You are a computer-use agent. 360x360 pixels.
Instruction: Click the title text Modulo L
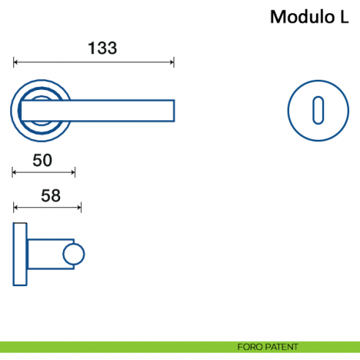tap(309, 17)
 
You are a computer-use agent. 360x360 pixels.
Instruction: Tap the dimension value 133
tap(102, 48)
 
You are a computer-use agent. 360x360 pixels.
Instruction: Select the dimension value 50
tap(42, 160)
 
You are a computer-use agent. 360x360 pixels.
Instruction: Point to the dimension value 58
tap(50, 195)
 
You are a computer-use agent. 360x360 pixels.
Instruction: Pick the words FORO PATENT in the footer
tap(268, 347)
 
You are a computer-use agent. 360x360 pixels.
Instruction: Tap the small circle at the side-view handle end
tap(74, 255)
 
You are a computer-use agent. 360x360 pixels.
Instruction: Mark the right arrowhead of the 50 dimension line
tap(73, 173)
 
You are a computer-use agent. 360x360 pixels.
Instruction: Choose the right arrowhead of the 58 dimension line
tap(79, 209)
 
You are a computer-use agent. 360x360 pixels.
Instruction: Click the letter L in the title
tap(344, 17)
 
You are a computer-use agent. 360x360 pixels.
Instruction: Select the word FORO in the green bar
tap(247, 347)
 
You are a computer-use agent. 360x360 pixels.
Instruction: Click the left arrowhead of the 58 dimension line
tap(16, 209)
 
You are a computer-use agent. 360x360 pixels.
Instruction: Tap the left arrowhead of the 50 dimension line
tap(16, 173)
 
